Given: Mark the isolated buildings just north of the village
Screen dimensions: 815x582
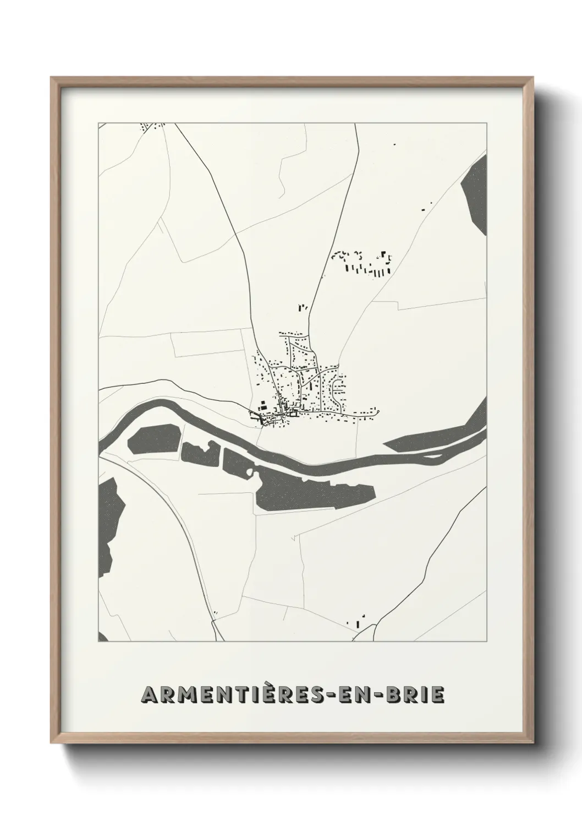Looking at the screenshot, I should tap(303, 308).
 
